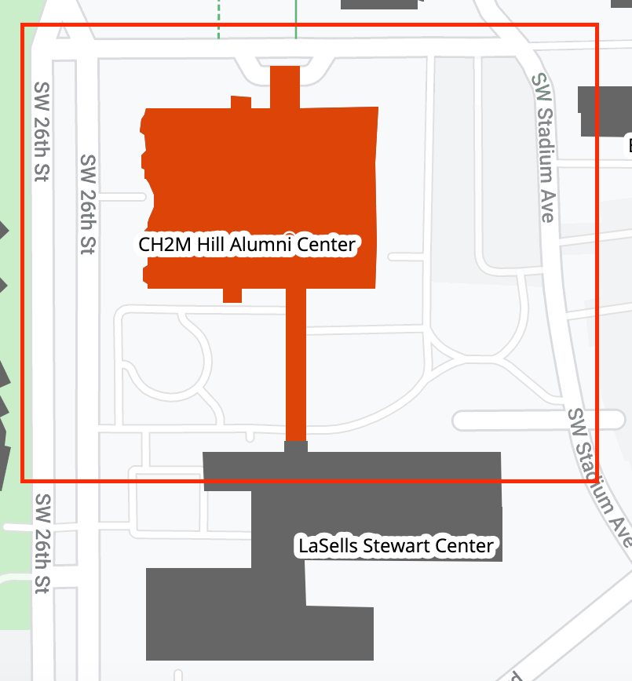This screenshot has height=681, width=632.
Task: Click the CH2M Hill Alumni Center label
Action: click(247, 245)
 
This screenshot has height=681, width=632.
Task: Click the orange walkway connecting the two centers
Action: click(295, 361)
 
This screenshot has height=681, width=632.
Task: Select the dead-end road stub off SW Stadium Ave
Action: click(510, 421)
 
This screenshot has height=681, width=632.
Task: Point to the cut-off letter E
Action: click(629, 145)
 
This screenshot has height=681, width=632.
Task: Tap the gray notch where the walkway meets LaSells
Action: click(295, 447)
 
